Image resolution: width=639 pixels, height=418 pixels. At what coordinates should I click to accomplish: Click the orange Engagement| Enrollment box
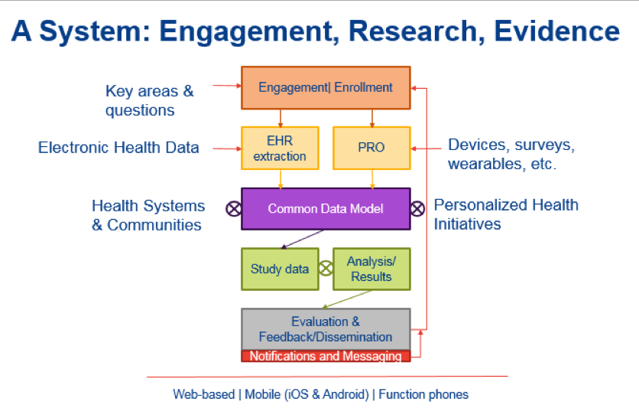pyautogui.click(x=326, y=87)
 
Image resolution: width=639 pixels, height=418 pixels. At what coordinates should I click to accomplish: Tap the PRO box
pyautogui.click(x=371, y=148)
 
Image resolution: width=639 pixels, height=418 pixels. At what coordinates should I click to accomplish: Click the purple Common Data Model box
pyautogui.click(x=326, y=208)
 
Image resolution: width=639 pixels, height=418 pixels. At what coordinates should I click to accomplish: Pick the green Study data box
pyautogui.click(x=279, y=269)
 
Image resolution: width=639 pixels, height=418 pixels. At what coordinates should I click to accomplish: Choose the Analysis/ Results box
pyautogui.click(x=371, y=269)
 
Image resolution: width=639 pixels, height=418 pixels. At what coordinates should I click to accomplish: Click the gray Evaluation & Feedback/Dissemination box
pyautogui.click(x=326, y=329)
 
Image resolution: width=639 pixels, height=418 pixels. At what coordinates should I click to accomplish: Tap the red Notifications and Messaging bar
pyautogui.click(x=326, y=356)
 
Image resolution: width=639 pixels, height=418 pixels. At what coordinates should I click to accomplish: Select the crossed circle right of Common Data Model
pyautogui.click(x=417, y=208)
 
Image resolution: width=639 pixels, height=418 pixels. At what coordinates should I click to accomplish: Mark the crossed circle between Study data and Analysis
pyautogui.click(x=326, y=269)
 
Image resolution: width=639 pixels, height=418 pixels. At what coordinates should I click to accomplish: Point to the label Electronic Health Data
pyautogui.click(x=118, y=148)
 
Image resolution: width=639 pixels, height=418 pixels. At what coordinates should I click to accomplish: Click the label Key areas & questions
pyautogui.click(x=149, y=100)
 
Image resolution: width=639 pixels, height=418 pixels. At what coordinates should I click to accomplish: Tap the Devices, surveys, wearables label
pyautogui.click(x=511, y=154)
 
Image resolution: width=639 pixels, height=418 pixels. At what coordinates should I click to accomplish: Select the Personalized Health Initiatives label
pyautogui.click(x=506, y=214)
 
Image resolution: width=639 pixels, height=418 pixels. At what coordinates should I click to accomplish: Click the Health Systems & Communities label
pyautogui.click(x=148, y=215)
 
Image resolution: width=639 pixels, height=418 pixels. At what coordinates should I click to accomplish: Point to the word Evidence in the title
pyautogui.click(x=556, y=31)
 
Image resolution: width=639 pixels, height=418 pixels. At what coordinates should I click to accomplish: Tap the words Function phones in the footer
pyautogui.click(x=423, y=395)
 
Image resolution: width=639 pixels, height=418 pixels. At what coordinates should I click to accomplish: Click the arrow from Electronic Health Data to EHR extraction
pyautogui.click(x=225, y=148)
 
